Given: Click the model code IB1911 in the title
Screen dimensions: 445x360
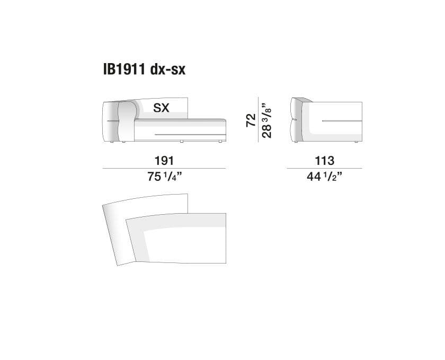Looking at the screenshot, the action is click(x=124, y=69).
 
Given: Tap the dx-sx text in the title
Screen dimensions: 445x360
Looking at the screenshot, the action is click(x=168, y=69).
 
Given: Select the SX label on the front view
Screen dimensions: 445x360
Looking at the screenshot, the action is click(x=161, y=108).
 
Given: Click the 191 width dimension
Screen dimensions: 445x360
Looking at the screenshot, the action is click(x=164, y=161).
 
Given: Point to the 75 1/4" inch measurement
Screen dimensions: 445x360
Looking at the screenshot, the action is click(x=164, y=177).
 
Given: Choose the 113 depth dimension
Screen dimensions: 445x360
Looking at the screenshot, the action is click(x=325, y=161).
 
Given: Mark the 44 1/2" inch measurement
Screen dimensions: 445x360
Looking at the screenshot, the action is click(x=324, y=177).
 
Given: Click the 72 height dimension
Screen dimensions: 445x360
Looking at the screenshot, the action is click(x=251, y=120).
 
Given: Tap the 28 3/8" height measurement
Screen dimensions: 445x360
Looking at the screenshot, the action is click(x=267, y=120).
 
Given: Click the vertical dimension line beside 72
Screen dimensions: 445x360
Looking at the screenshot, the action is click(x=259, y=119).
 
